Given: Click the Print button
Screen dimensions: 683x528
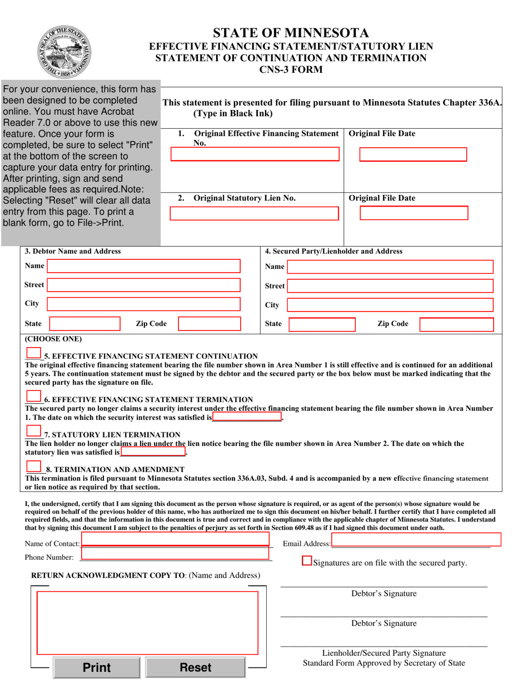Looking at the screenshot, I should [97, 667].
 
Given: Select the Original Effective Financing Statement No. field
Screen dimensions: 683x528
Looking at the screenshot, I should [255, 154].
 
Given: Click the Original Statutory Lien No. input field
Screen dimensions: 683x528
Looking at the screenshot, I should [253, 214].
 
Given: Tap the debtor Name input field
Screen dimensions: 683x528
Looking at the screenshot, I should [144, 266].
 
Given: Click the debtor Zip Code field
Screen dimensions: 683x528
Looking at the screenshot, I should [209, 324].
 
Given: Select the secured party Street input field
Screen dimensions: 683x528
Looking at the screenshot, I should [390, 286].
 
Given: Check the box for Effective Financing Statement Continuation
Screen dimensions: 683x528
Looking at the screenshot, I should [33, 353].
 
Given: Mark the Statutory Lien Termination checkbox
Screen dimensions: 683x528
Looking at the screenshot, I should [33, 431].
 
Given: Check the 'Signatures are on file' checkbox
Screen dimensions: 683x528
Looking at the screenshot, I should [307, 561].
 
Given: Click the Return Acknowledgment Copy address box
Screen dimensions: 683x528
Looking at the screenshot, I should [147, 622].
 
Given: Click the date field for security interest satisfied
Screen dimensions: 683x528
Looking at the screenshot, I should [247, 416].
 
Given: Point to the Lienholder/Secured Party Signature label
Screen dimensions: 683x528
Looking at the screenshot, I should [383, 652].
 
